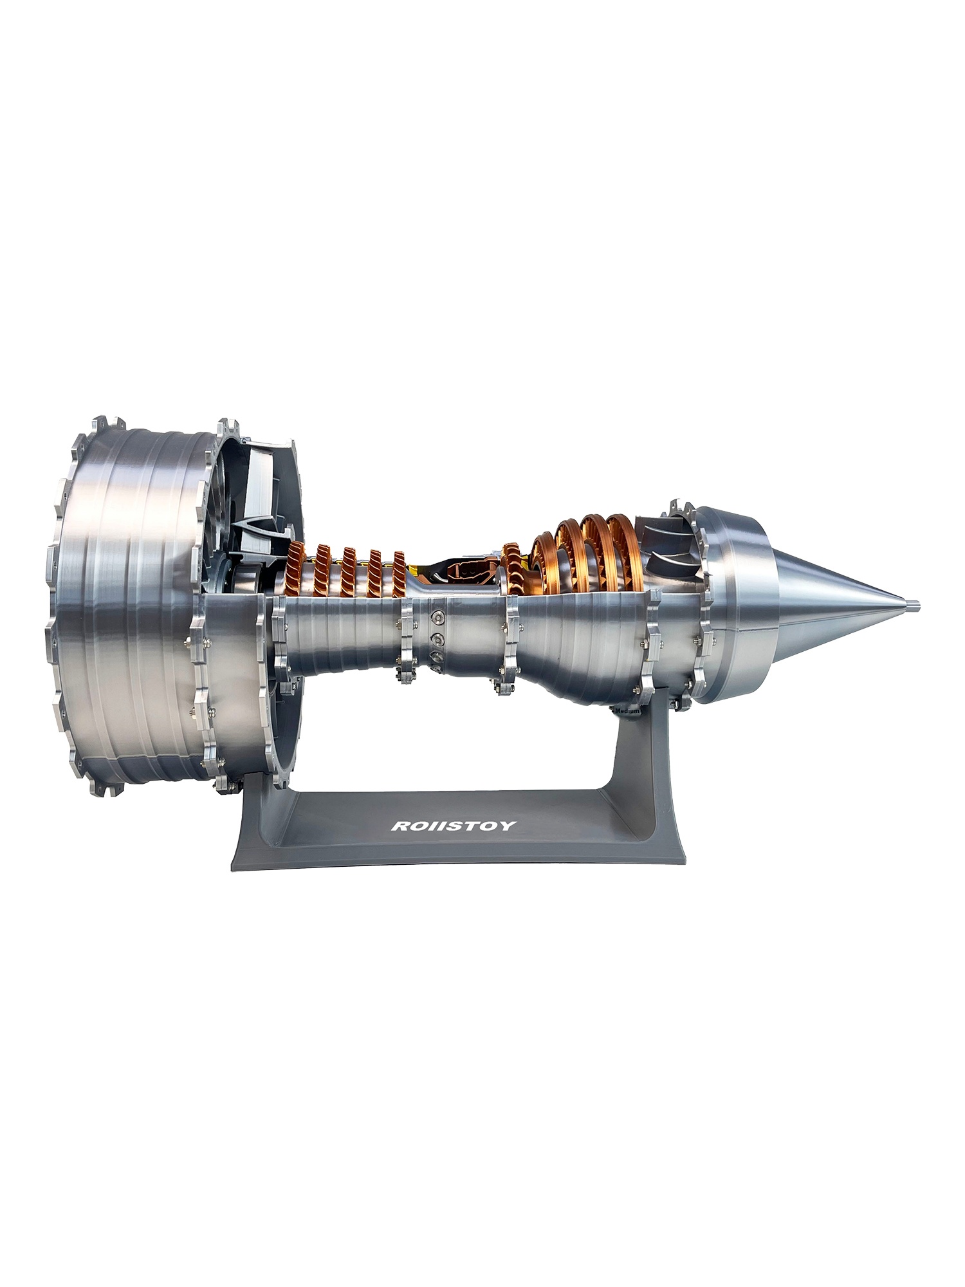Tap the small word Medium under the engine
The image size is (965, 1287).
click(x=628, y=711)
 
